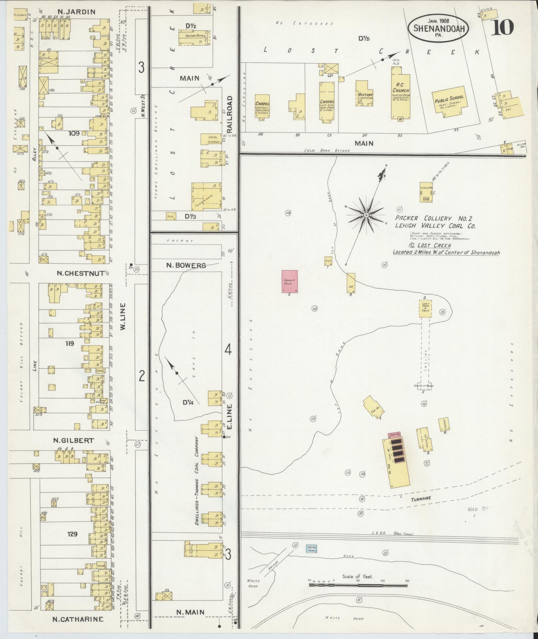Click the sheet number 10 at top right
[x=502, y=27]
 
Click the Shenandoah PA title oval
[x=438, y=28]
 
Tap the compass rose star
[x=366, y=215]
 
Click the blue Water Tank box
[x=312, y=549]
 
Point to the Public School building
[x=449, y=101]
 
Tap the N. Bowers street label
[x=186, y=266]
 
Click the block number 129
[x=72, y=534]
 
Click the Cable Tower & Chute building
[x=425, y=308]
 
